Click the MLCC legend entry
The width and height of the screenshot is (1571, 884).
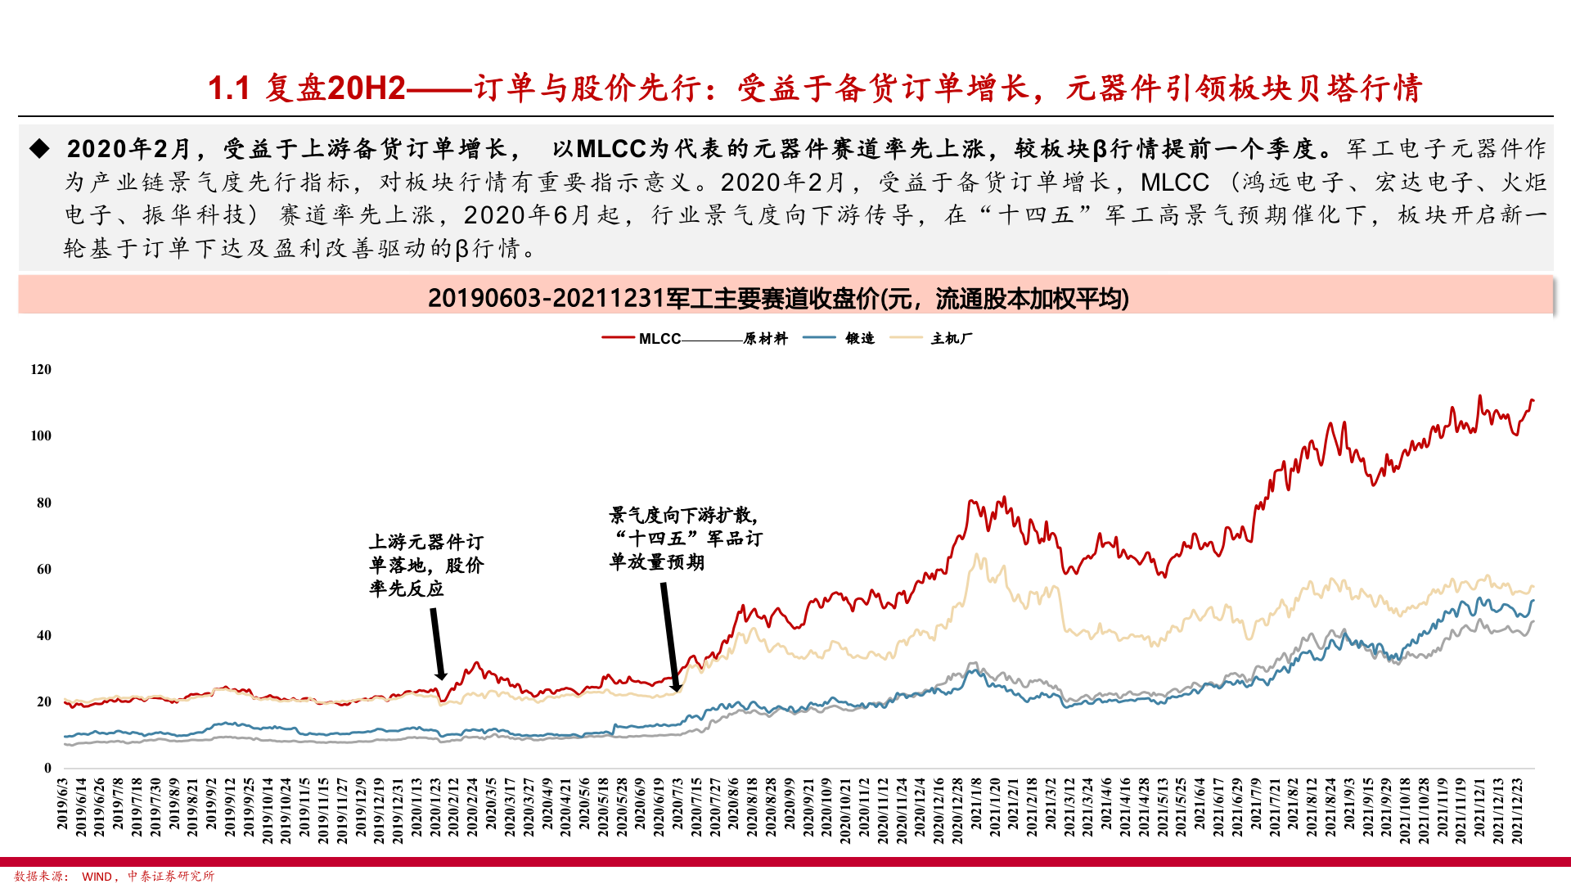[659, 339]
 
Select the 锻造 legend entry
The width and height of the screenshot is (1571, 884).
[860, 339]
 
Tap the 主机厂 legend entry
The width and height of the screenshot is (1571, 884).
[951, 339]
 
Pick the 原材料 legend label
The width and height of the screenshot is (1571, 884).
[765, 339]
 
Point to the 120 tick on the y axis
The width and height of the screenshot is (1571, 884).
[41, 369]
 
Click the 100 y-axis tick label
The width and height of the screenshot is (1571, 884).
[41, 435]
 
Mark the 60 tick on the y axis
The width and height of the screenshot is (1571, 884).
[44, 569]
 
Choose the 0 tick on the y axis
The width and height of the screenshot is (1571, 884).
[47, 768]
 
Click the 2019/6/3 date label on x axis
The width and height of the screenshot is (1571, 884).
[63, 804]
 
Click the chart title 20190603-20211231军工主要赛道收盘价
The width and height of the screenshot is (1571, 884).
[777, 298]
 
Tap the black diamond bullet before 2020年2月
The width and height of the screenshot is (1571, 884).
[39, 148]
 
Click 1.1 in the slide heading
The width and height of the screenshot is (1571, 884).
[228, 88]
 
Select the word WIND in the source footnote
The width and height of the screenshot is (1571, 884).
[97, 877]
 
